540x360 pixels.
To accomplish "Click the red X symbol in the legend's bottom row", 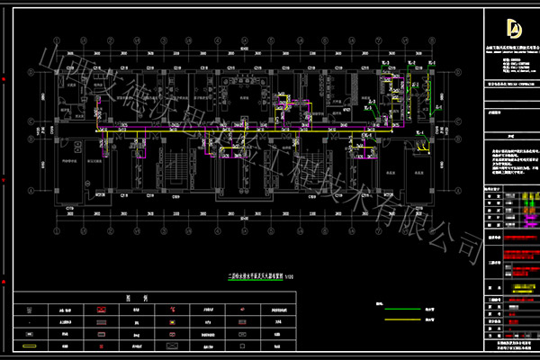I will coord(171,344).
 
